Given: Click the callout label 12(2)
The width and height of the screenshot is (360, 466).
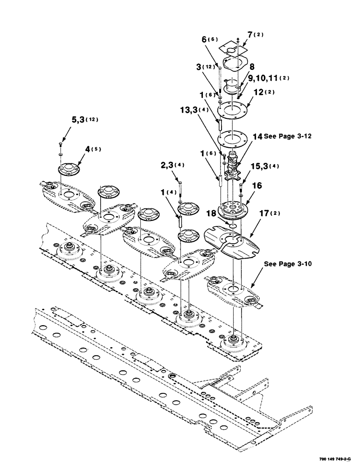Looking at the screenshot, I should pyautogui.click(x=263, y=92).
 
